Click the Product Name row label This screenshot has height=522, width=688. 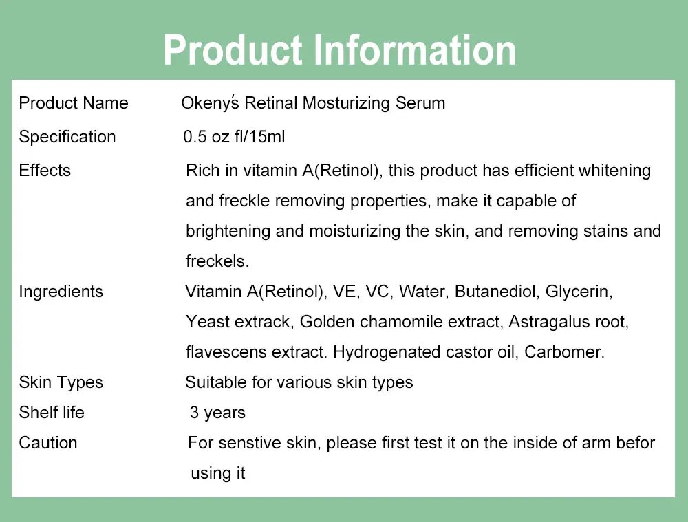(x=74, y=103)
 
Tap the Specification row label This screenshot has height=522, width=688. (x=67, y=137)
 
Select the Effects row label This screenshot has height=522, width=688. (x=45, y=171)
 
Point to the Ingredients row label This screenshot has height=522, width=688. (x=61, y=292)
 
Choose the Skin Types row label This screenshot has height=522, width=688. (x=61, y=382)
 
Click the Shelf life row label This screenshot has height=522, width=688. (x=52, y=413)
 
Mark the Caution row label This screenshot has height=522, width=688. (x=48, y=443)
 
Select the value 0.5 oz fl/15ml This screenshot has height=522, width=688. (x=234, y=137)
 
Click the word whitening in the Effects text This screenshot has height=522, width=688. (x=616, y=171)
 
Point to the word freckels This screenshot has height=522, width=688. (x=216, y=261)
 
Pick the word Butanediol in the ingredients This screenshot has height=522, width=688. (x=495, y=292)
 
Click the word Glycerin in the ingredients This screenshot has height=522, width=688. (x=578, y=292)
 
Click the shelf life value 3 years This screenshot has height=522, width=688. (x=217, y=413)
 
